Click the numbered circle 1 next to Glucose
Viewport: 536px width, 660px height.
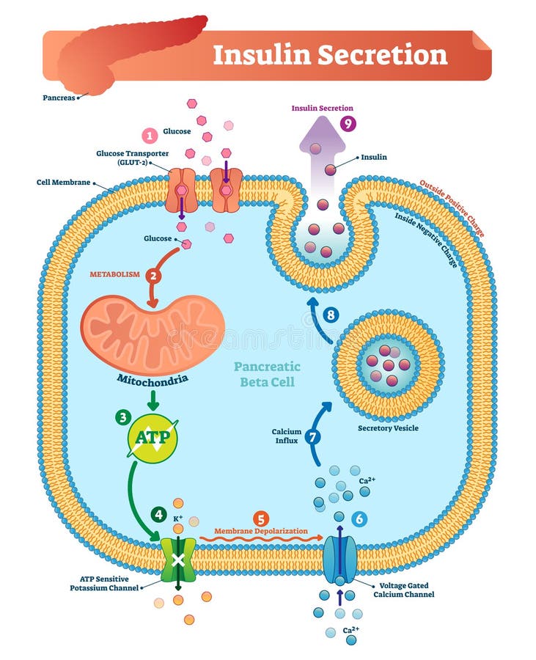150,135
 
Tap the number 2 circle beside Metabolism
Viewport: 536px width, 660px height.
153,276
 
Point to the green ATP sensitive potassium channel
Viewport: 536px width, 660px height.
178,560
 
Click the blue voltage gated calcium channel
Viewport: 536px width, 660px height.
339,560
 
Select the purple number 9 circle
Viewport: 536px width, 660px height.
348,123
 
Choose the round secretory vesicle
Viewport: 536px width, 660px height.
388,364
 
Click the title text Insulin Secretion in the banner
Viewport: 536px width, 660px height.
330,55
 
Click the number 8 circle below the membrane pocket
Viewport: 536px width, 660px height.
332,315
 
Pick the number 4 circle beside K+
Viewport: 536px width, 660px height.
158,514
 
